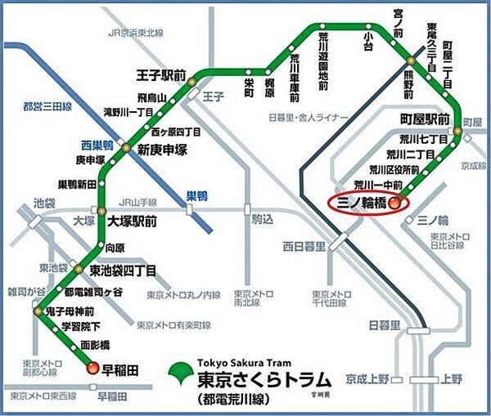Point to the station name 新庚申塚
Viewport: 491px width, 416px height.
161,148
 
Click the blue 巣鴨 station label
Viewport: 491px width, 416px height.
197,195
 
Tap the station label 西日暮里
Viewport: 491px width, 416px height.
304,245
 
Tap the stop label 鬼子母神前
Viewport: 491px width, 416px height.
79,311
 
